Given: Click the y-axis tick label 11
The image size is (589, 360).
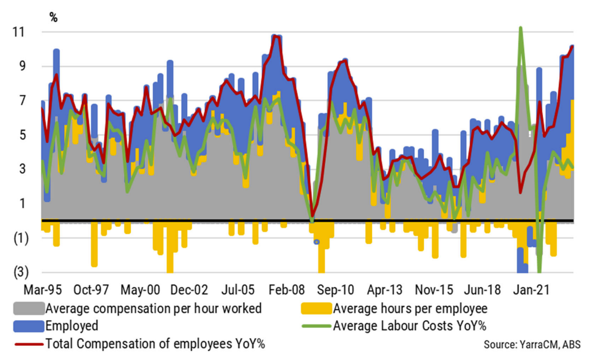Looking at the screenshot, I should [20, 33].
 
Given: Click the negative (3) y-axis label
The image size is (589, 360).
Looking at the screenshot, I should [20, 272].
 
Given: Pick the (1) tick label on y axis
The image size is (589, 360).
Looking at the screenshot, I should [20, 238].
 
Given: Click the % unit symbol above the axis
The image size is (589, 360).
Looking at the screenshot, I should [53, 17].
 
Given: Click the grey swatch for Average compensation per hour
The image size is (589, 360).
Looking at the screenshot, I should [28, 308].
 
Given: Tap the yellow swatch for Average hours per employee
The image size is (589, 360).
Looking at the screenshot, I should [316, 308].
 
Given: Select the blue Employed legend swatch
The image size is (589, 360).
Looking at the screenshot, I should [28, 326].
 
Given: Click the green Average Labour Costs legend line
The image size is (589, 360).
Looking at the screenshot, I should [316, 326].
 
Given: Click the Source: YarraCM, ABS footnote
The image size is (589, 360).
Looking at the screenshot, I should [532, 344].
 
